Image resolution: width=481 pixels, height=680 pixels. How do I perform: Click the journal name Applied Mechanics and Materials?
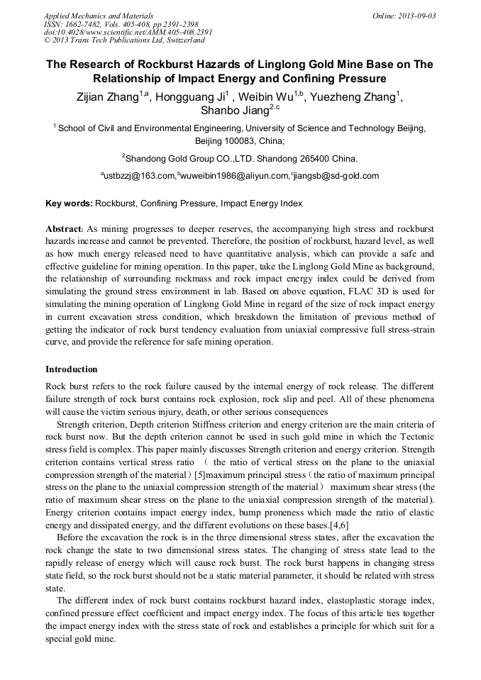click(x=99, y=16)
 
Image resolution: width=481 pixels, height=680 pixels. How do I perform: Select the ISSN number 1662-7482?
click(x=84, y=24)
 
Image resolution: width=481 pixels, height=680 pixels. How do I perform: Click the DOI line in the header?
click(x=128, y=33)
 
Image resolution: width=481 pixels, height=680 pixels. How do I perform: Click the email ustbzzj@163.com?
click(x=139, y=176)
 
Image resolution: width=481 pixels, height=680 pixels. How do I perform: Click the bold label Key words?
click(x=69, y=204)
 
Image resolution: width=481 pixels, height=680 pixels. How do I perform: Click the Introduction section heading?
click(x=71, y=369)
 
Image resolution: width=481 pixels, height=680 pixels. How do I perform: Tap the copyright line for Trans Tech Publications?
click(x=124, y=41)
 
